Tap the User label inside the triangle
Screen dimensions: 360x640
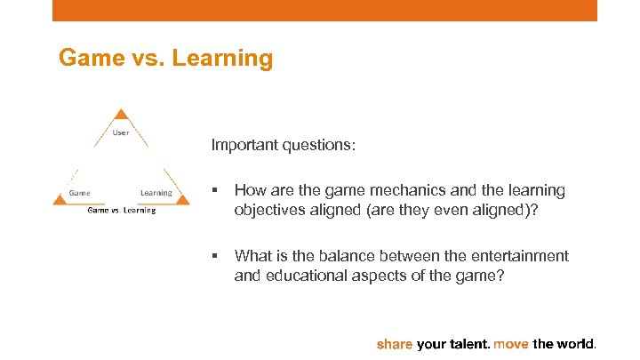coord(121,133)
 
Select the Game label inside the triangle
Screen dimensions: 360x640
coord(80,193)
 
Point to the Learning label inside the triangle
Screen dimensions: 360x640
coord(156,193)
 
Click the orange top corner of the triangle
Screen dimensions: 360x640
coord(123,115)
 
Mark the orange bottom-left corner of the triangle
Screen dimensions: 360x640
coord(60,201)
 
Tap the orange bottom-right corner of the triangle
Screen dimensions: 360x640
coord(182,201)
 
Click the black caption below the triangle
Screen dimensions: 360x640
coord(121,211)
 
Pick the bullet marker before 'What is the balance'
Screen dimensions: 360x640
coord(215,256)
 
